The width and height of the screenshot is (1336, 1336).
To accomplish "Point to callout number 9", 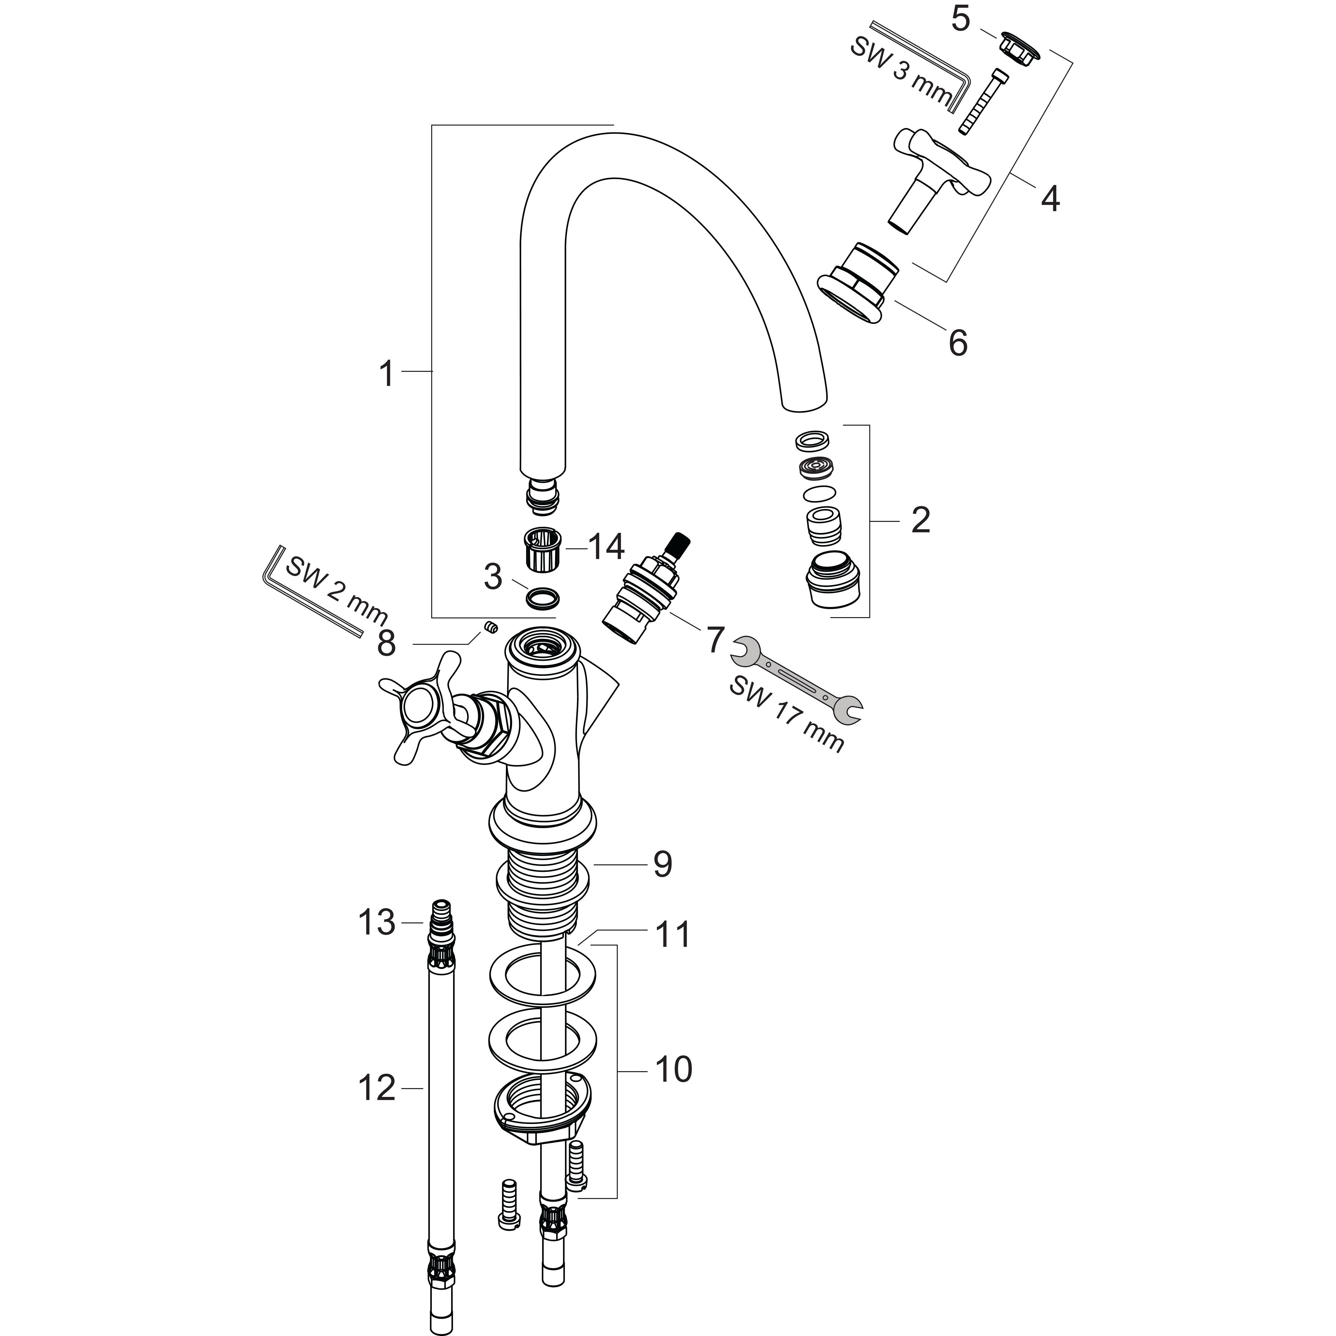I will [662, 864].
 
